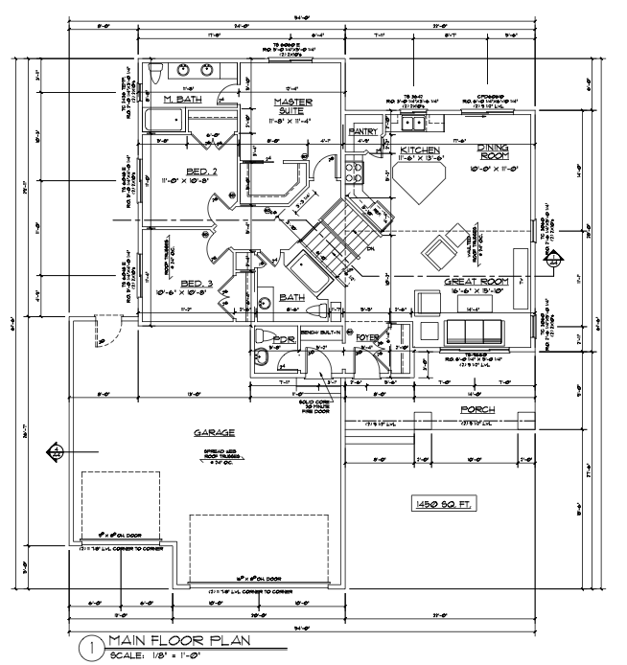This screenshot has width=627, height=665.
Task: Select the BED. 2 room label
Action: click(202, 170)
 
